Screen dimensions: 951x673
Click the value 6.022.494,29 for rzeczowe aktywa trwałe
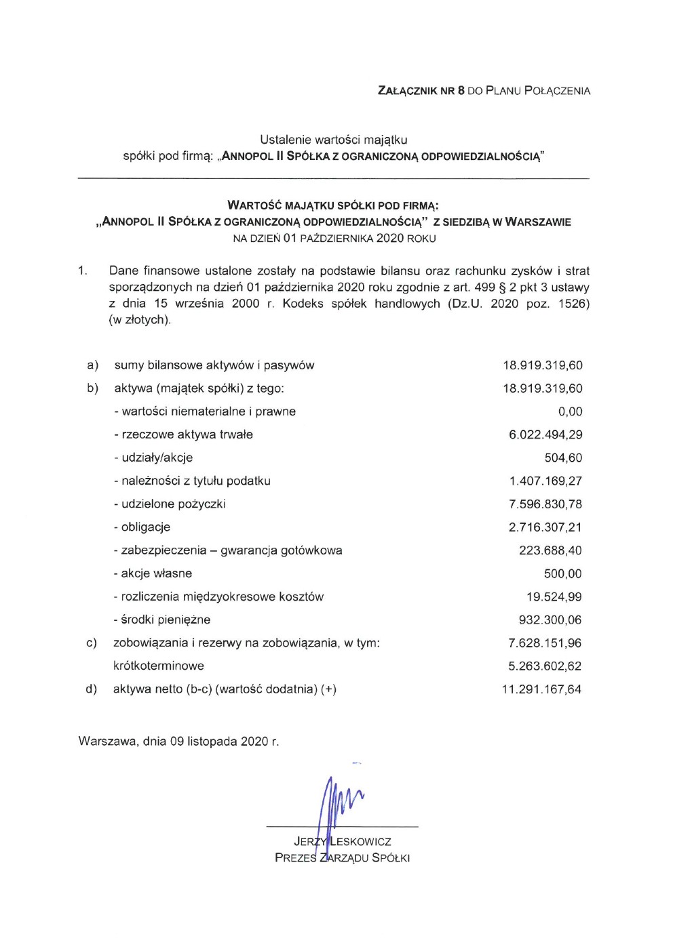[545, 434]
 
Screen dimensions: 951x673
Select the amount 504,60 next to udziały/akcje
[563, 458]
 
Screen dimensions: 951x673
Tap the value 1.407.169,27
[545, 481]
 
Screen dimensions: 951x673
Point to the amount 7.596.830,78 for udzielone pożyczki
[545, 504]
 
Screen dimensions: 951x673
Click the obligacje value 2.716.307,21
[545, 527]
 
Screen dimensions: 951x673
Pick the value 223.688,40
[550, 550]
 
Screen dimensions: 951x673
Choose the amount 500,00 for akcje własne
[562, 573]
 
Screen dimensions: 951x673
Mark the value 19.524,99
[554, 596]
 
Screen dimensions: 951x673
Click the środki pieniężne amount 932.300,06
[550, 620]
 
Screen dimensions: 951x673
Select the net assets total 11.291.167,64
[541, 689]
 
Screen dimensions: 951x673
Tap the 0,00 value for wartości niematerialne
[570, 411]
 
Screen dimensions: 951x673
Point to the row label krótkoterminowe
[159, 666]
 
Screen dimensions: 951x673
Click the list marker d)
[91, 689]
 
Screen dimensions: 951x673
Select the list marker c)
[91, 643]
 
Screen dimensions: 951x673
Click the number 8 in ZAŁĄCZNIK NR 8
[461, 91]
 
